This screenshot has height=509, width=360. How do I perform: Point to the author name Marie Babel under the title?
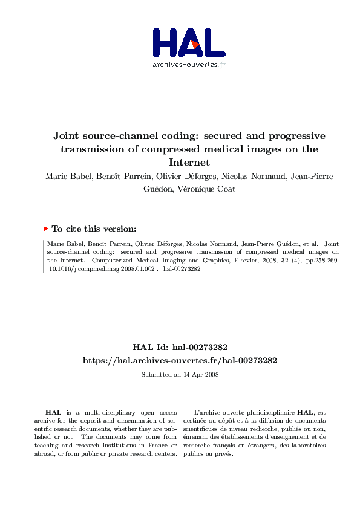pyautogui.click(x=67, y=176)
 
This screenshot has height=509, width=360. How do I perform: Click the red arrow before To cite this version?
pyautogui.click(x=46, y=212)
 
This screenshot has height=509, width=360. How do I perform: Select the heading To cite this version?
pyautogui.click(x=94, y=212)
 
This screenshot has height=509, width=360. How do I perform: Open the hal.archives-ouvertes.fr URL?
pyautogui.click(x=180, y=360)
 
